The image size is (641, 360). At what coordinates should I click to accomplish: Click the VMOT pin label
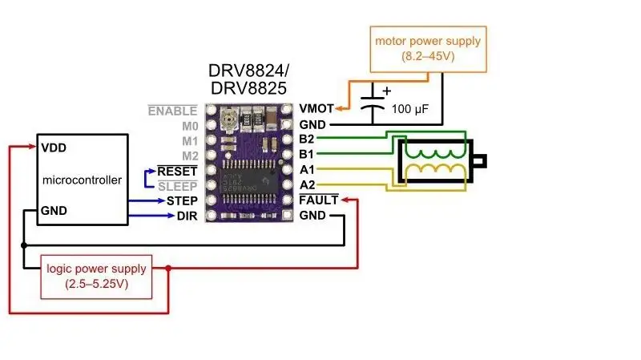(316, 108)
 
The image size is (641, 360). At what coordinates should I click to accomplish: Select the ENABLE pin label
(172, 111)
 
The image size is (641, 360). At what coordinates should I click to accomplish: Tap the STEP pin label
(182, 201)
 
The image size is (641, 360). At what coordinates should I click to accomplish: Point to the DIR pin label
(187, 216)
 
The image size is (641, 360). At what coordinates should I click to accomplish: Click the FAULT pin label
(319, 200)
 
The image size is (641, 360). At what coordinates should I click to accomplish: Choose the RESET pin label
(177, 171)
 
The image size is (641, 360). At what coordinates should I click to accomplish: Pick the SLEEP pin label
(178, 187)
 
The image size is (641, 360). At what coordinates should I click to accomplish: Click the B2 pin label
(307, 139)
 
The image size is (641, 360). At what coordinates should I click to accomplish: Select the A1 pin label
(307, 169)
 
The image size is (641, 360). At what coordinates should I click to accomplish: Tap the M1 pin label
(190, 141)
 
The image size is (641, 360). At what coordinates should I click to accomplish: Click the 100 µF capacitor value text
(410, 109)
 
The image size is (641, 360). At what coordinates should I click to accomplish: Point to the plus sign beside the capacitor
(387, 91)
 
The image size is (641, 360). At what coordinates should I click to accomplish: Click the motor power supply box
(429, 49)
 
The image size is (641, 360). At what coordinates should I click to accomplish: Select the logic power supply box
(96, 277)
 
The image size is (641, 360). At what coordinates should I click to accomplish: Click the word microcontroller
(83, 180)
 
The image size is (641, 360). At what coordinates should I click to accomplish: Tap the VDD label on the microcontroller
(54, 148)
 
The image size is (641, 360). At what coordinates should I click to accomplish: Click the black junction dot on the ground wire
(24, 245)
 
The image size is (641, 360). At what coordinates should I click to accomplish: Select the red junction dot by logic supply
(168, 269)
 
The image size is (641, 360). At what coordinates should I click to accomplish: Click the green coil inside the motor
(435, 153)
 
